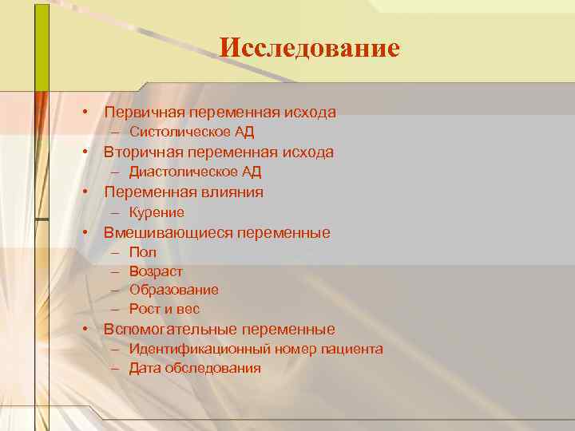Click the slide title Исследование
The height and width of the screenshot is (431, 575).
click(309, 49)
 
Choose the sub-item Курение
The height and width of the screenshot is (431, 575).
click(157, 212)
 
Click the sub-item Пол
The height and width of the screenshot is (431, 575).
click(143, 252)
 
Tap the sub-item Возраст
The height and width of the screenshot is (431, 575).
click(156, 271)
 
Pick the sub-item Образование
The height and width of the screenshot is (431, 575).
click(173, 290)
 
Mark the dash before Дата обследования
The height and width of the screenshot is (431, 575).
click(116, 368)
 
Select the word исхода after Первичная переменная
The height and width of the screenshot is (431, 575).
click(307, 112)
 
